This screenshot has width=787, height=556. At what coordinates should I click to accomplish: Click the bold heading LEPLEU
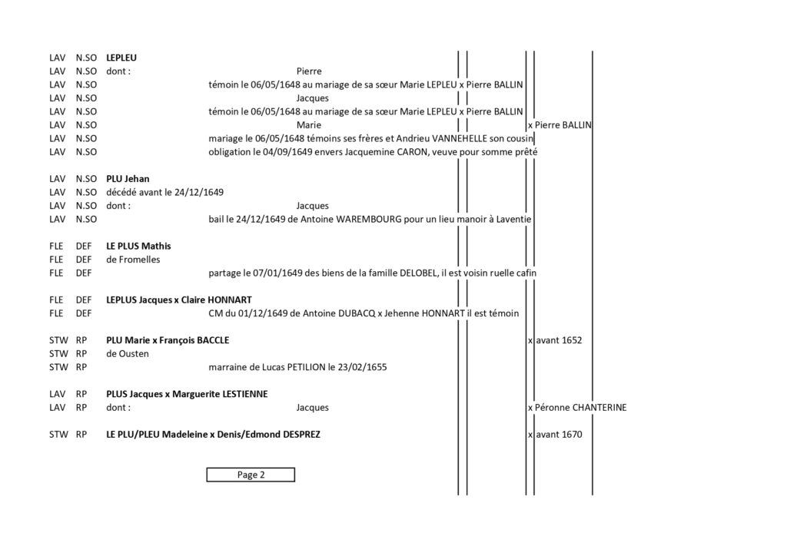[x=121, y=58]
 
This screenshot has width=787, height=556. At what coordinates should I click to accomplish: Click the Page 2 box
[x=251, y=475]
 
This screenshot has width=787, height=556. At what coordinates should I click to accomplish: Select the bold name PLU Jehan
[x=128, y=179]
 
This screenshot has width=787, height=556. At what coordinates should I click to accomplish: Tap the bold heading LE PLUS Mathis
[x=138, y=247]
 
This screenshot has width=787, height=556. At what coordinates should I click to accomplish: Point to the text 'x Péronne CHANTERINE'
[x=577, y=408]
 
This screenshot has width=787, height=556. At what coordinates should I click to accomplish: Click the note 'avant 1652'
[x=559, y=340]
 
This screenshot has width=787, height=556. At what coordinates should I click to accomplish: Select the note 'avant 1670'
[x=559, y=435]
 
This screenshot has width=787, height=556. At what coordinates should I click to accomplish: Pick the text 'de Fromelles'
[x=133, y=260]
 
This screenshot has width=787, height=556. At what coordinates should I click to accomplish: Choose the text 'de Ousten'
[x=128, y=354]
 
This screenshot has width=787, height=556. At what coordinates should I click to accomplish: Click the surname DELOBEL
[x=418, y=273]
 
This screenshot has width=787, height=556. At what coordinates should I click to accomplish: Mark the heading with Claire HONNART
[x=178, y=300]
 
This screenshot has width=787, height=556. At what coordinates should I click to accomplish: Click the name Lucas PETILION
[x=294, y=368]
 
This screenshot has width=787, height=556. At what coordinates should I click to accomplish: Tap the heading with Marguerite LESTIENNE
[x=187, y=395]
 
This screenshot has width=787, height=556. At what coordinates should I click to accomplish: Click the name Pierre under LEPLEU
[x=309, y=71]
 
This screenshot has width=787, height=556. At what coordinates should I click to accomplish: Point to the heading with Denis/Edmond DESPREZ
[x=213, y=435]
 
